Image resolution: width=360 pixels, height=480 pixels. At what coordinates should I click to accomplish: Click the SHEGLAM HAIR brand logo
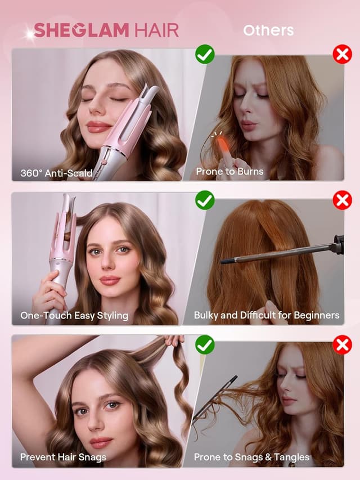(x=106, y=30)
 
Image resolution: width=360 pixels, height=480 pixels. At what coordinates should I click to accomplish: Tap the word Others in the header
(x=268, y=30)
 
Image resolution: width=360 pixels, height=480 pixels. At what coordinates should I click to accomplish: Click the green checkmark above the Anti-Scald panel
(x=205, y=55)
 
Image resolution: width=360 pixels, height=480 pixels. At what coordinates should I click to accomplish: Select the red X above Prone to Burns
(x=342, y=55)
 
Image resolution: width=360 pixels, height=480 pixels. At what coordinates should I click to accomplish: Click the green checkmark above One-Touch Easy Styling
(x=205, y=200)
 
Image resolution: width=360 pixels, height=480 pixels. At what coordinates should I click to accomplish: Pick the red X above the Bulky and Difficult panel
(x=342, y=200)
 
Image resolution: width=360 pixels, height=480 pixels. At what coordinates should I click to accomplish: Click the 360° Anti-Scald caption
(x=56, y=173)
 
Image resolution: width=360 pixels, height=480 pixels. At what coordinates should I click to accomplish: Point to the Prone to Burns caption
(x=229, y=172)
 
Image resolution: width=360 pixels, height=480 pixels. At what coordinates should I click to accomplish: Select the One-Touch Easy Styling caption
(x=74, y=316)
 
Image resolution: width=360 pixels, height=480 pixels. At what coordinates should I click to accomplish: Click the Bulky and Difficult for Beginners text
(x=267, y=316)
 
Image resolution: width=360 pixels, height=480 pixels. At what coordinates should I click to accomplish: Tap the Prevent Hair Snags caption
(x=63, y=457)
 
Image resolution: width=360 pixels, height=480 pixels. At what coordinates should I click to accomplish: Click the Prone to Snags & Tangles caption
(x=251, y=457)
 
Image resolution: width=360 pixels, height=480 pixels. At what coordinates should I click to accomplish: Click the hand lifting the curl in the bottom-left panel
(x=174, y=340)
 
